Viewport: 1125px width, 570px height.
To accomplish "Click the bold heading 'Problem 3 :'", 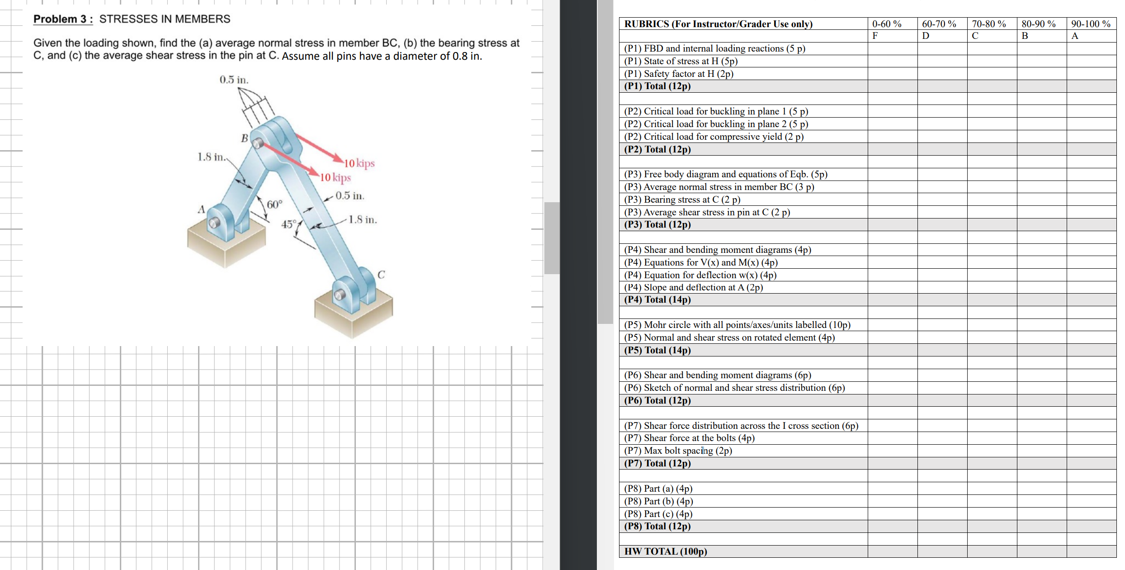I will (63, 19).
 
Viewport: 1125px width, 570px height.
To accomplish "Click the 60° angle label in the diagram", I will (274, 204).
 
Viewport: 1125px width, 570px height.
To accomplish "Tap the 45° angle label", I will (288, 224).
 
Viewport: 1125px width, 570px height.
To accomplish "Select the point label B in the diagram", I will (244, 138).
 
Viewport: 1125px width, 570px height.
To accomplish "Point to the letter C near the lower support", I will (381, 275).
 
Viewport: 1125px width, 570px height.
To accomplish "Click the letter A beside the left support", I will (202, 209).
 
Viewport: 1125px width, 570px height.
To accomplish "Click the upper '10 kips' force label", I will (359, 163).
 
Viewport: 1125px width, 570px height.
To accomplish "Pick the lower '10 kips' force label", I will (336, 177).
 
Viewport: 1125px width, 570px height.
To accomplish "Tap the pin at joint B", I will (258, 143).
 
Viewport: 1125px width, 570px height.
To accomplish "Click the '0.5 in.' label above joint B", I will (234, 80).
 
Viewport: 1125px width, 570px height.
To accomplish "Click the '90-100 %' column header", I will (1091, 24).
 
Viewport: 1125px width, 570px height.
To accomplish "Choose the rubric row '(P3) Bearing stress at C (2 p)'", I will (682, 199).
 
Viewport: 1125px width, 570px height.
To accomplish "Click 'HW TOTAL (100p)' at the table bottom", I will (666, 551).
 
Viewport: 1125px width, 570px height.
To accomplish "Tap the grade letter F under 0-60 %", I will (875, 36).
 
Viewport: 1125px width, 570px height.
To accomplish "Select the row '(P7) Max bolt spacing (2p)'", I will (678, 451).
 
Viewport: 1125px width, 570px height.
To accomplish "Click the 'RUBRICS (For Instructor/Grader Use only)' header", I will (718, 24).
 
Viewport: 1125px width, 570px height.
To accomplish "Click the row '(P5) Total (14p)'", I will (657, 350).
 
